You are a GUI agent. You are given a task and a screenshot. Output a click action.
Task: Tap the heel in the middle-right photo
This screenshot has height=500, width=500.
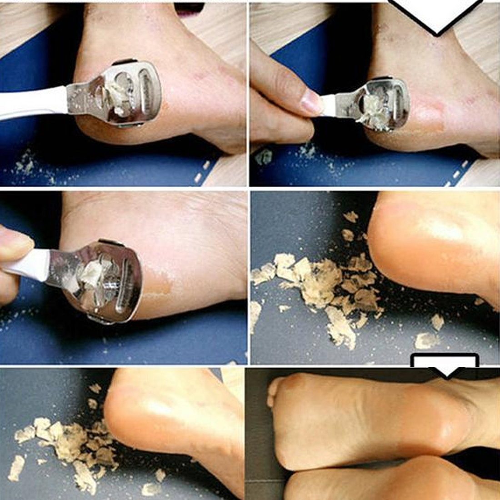[409, 245]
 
